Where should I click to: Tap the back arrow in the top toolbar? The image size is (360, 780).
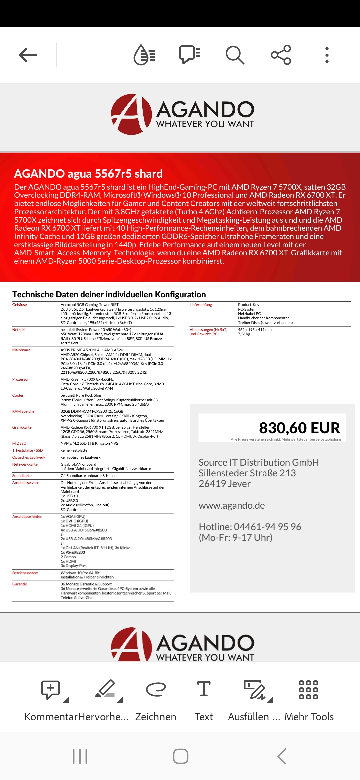tap(28, 55)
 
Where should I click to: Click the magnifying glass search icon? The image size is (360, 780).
tap(235, 55)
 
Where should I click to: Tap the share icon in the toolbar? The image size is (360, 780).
tap(281, 55)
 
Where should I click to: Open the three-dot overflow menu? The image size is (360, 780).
tap(327, 55)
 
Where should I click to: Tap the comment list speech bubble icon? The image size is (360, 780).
tap(189, 55)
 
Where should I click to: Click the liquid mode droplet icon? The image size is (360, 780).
tap(144, 55)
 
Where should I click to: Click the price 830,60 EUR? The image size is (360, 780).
tap(299, 428)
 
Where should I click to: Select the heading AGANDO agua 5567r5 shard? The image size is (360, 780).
tap(88, 174)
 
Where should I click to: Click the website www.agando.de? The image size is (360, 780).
tap(232, 505)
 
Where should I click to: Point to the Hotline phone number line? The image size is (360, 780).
tap(250, 527)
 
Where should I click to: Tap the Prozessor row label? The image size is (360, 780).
tap(21, 379)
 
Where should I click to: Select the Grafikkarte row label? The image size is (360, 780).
tap(22, 427)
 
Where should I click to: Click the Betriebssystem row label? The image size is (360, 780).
tap(25, 573)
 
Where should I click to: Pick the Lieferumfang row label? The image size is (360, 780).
tap(201, 305)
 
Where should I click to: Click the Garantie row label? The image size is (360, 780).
tap(20, 584)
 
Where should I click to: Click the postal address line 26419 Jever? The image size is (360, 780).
tap(225, 484)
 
